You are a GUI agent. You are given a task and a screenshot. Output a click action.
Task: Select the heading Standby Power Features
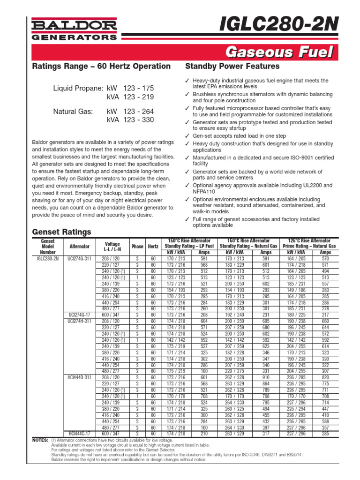tap(232, 66)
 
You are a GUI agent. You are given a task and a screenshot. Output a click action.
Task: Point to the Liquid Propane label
tap(78, 88)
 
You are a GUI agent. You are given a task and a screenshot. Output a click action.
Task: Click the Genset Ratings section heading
tap(61, 232)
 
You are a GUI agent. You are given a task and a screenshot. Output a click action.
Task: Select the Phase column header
tap(137, 247)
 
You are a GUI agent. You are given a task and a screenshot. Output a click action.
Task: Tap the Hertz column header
tap(153, 247)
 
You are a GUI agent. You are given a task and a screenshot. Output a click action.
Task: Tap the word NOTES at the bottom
tap(40, 441)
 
